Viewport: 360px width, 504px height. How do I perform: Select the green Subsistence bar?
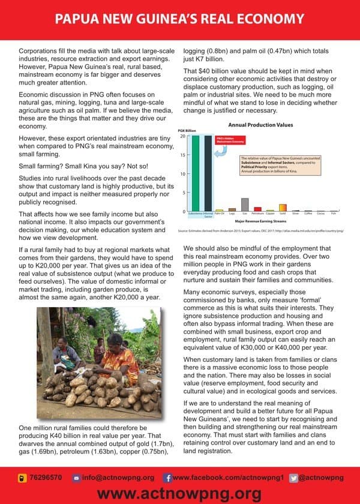(196, 174)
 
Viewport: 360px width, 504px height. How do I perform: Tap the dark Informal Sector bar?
(208, 174)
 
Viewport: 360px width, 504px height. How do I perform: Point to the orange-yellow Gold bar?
(283, 210)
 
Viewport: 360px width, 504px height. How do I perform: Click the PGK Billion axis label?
(188, 130)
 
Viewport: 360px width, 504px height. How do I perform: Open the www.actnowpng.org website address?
(179, 493)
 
